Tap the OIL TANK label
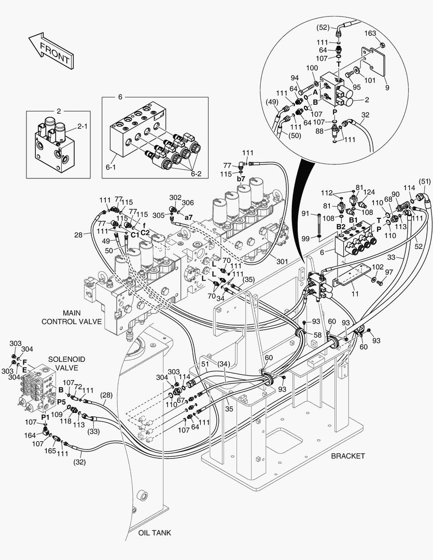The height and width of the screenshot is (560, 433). pos(154,533)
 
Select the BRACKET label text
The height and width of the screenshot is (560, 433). pos(348,456)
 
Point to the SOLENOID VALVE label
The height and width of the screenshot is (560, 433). pos(67,363)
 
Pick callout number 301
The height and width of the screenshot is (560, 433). pos(282,262)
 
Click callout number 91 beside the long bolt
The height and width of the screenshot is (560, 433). pos(305,213)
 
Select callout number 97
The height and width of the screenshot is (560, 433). pos(389,272)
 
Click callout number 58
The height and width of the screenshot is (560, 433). pos(317,336)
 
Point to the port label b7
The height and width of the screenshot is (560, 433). pos(241,179)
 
